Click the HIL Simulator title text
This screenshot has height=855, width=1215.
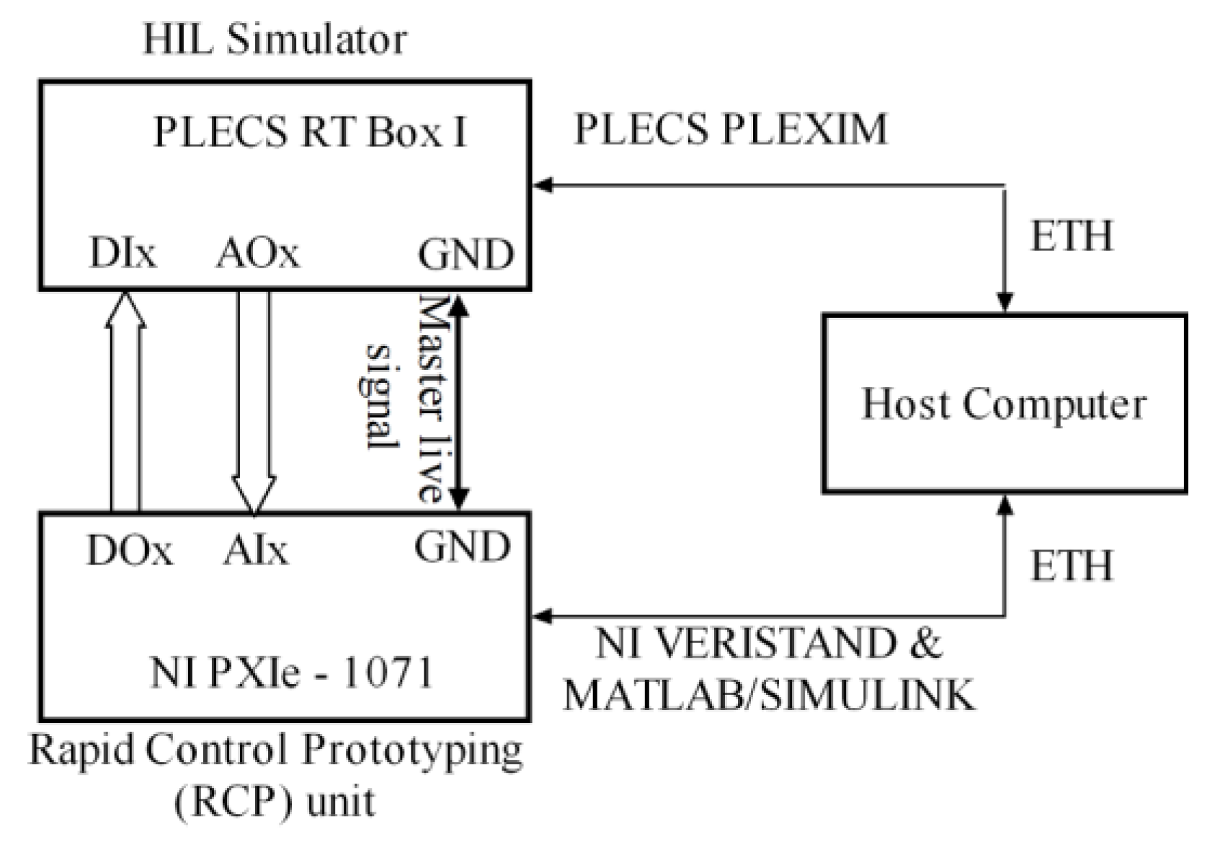pos(275,39)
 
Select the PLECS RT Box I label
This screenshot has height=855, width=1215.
pos(310,132)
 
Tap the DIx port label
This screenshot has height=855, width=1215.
pos(122,253)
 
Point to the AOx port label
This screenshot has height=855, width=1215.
pos(257,253)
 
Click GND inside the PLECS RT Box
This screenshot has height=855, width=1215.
pos(466,254)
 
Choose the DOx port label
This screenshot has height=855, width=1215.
pos(130,551)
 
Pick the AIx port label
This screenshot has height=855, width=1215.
pos(255,551)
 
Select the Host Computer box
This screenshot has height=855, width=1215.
pos(1004,404)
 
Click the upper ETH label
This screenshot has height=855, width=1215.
pos(1071,236)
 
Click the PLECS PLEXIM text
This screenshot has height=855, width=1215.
pos(730,130)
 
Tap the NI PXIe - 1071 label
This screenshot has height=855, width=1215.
pos(292,672)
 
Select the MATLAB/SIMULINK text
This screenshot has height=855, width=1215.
pos(768,695)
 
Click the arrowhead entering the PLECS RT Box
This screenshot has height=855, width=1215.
pos(542,185)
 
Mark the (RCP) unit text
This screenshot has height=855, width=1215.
pos(275,801)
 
